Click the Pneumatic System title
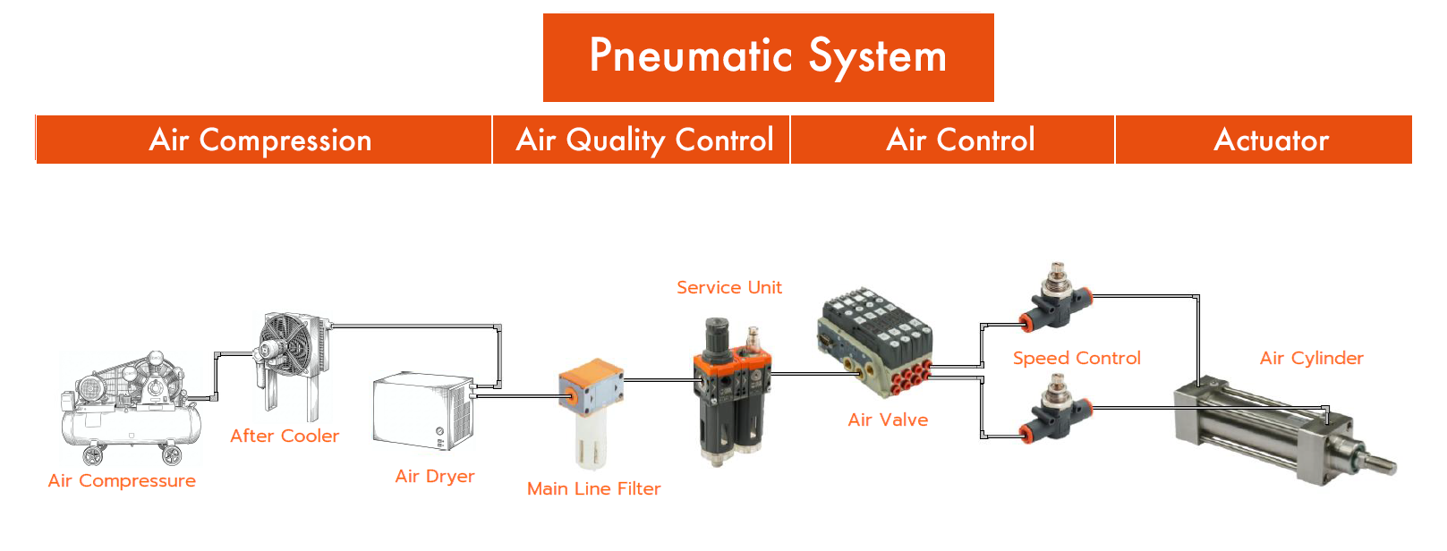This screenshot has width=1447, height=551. (768, 57)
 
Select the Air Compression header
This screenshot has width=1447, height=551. (260, 140)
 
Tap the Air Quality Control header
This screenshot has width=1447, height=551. (644, 140)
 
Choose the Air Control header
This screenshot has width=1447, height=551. (960, 140)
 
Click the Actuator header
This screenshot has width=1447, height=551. (1271, 140)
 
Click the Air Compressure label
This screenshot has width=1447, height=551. (122, 481)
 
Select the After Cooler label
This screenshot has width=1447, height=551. (285, 437)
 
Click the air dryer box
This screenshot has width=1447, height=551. (421, 411)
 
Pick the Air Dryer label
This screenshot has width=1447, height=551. (435, 477)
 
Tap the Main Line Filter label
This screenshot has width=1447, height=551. (593, 489)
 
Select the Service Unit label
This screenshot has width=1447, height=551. (728, 288)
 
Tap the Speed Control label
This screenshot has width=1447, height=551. (1077, 359)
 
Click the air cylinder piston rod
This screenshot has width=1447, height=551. (1378, 462)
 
